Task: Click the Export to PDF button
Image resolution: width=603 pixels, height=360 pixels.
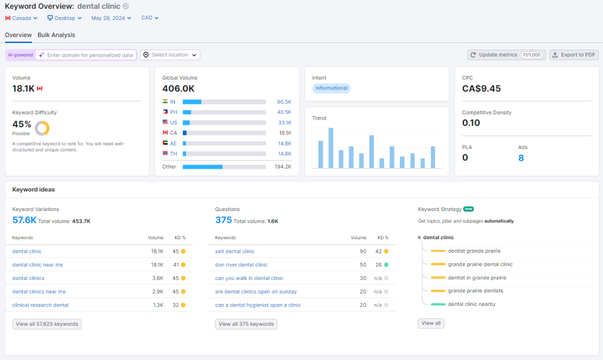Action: point(574,55)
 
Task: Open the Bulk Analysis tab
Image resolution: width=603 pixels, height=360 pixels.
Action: point(57,35)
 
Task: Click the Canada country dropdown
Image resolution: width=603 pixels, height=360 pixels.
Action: point(21,18)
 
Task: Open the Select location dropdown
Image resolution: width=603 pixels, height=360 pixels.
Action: point(170,55)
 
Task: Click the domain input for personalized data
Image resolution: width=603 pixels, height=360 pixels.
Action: point(90,55)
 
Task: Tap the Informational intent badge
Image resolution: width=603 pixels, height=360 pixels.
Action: point(332,88)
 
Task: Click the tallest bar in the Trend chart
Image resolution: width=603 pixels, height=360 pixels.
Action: point(330,148)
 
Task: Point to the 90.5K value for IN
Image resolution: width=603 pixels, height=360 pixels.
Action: point(284,102)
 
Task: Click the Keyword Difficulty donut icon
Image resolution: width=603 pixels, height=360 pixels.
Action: point(42,128)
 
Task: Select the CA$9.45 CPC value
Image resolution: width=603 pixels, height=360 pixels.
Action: point(481,88)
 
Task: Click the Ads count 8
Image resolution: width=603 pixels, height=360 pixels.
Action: point(521,158)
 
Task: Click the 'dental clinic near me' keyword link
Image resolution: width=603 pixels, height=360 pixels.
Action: point(38,265)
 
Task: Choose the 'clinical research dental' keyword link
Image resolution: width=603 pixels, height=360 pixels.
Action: point(40,305)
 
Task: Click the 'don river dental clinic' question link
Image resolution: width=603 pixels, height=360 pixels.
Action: point(241,265)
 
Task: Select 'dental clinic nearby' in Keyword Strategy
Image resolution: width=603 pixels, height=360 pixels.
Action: point(472,304)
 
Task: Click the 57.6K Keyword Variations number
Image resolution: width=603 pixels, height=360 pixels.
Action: point(24,220)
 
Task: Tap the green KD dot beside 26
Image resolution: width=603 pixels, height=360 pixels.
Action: point(386,265)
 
